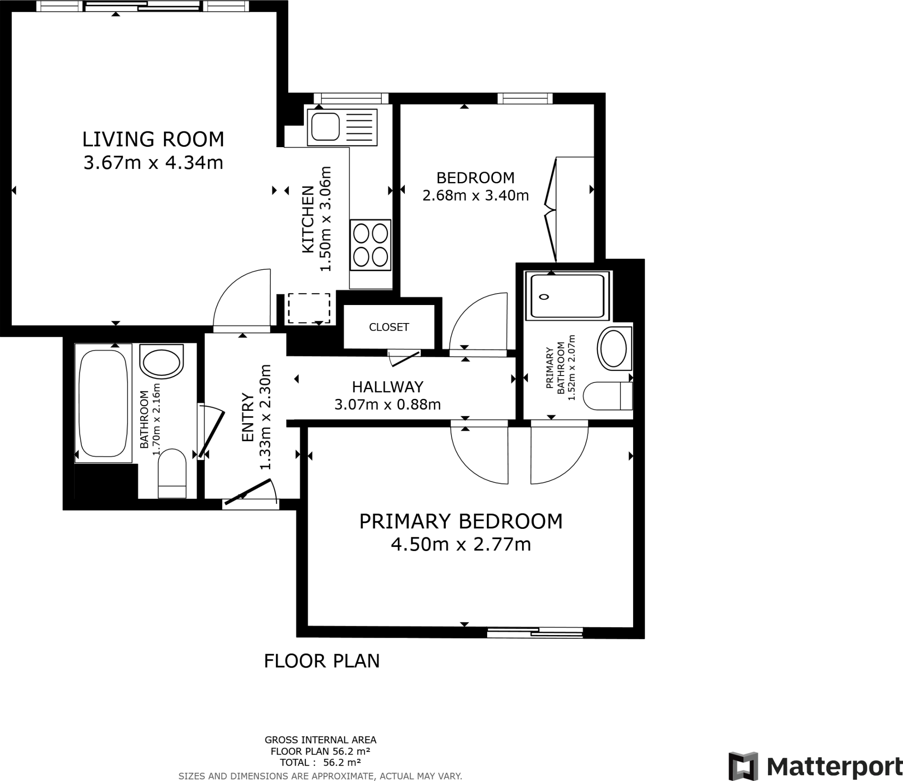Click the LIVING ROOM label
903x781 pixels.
(x=153, y=139)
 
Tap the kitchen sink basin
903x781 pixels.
(x=325, y=126)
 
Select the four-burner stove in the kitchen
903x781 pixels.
(x=370, y=245)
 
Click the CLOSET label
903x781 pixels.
(x=389, y=327)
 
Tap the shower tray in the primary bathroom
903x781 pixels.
(x=567, y=296)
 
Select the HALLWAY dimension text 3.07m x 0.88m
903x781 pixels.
(x=388, y=405)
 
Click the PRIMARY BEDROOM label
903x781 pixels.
(x=461, y=521)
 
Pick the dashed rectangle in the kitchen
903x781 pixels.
(x=309, y=308)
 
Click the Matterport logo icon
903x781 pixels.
(x=743, y=766)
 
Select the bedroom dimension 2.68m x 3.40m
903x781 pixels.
(x=475, y=195)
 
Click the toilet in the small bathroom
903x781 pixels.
(x=172, y=473)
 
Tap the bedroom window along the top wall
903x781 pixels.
(x=525, y=98)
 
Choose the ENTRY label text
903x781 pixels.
(x=248, y=417)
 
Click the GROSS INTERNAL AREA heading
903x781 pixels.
(x=320, y=740)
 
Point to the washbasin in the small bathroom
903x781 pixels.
(x=161, y=361)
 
